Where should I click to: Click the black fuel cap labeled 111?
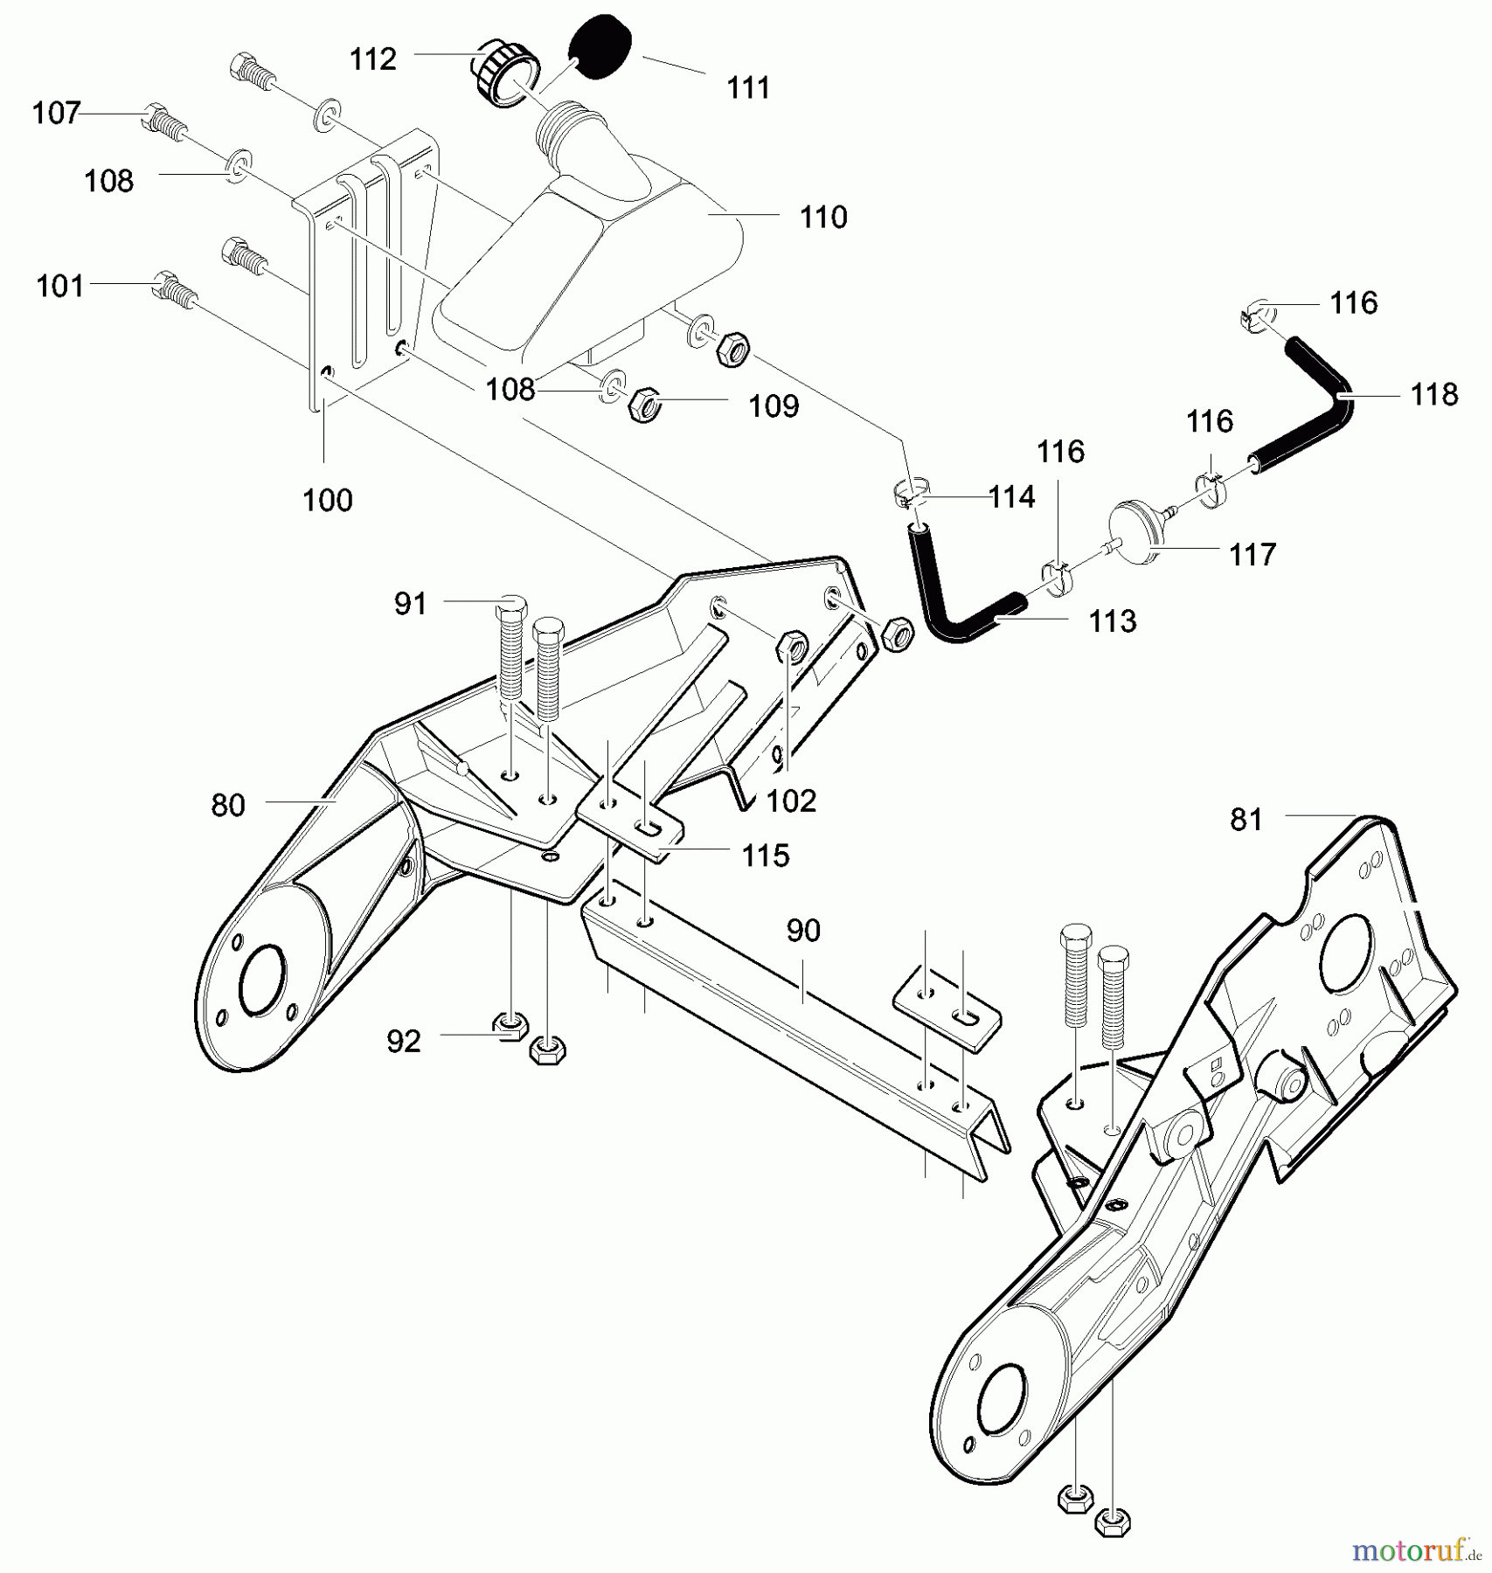pyautogui.click(x=600, y=47)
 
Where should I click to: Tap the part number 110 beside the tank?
pyautogui.click(x=822, y=217)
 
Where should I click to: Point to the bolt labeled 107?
pyautogui.click(x=163, y=122)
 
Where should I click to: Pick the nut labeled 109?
pyautogui.click(x=643, y=405)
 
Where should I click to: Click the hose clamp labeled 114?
pyautogui.click(x=909, y=495)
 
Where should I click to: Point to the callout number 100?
pyautogui.click(x=327, y=501)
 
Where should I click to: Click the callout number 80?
pyautogui.click(x=228, y=805)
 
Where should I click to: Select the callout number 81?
pyautogui.click(x=1246, y=820)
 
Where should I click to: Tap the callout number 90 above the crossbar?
pyautogui.click(x=803, y=931)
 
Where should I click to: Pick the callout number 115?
pyautogui.click(x=766, y=856)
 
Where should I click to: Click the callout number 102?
pyautogui.click(x=791, y=801)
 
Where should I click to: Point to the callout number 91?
pyautogui.click(x=410, y=604)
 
